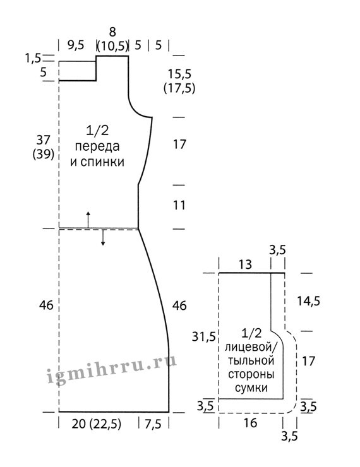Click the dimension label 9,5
(76, 45)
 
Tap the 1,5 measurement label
(33, 58)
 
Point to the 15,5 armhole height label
(179, 74)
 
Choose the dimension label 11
(179, 205)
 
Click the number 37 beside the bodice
(44, 139)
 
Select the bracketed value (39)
(44, 154)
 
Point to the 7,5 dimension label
(153, 424)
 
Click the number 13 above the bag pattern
(245, 264)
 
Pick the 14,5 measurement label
(308, 301)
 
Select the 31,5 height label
(203, 337)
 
